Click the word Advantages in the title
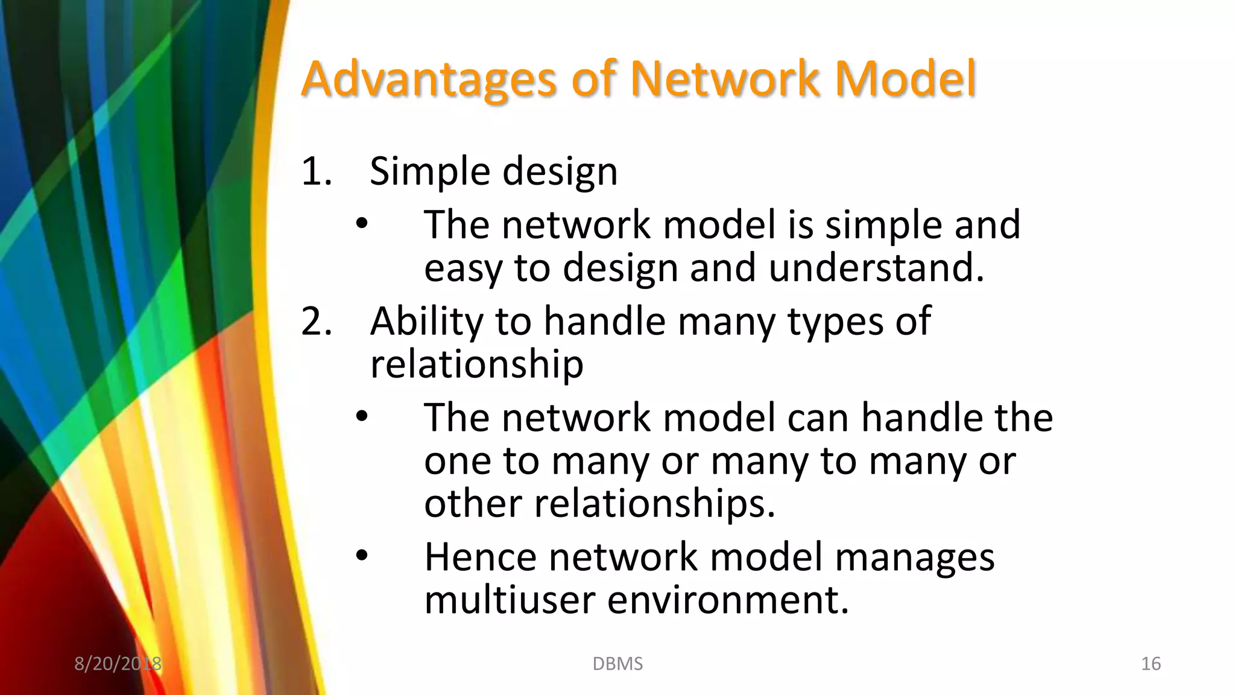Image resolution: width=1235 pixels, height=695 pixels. click(x=428, y=80)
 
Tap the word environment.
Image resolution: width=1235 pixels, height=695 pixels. click(x=728, y=600)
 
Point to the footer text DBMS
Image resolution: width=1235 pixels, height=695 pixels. click(x=617, y=664)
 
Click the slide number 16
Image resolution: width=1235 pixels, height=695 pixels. click(x=1151, y=664)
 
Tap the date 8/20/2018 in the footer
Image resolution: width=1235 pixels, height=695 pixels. click(x=118, y=664)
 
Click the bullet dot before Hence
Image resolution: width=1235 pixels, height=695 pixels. click(x=361, y=556)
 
